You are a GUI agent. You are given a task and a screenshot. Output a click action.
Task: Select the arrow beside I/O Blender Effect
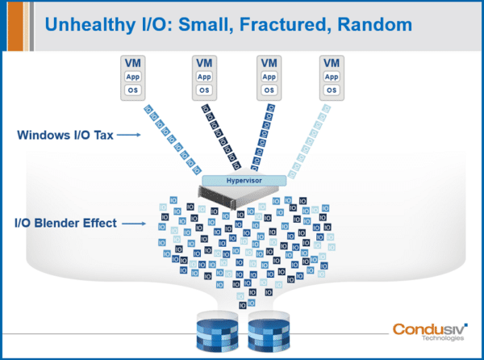(x=135, y=222)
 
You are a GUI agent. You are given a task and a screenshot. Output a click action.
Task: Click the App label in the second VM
(x=203, y=77)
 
